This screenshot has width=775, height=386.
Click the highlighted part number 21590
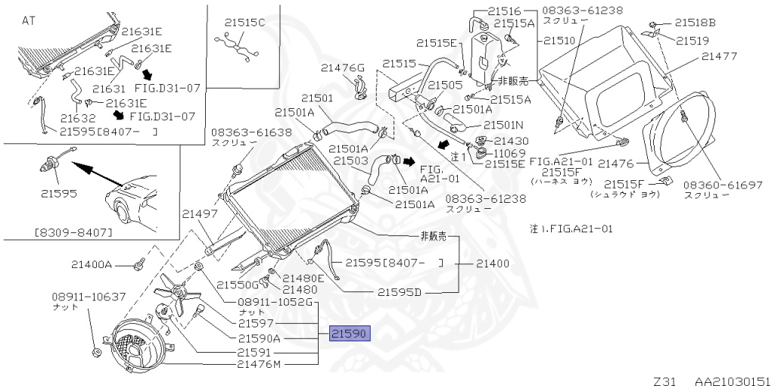(350, 334)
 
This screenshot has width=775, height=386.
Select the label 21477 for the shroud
(719, 56)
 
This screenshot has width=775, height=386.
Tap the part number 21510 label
(559, 40)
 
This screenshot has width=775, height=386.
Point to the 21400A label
(92, 264)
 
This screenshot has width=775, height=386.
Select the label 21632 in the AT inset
(78, 118)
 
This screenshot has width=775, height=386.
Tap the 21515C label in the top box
(245, 22)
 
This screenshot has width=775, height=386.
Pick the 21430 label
(512, 141)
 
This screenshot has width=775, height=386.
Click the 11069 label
(511, 152)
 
